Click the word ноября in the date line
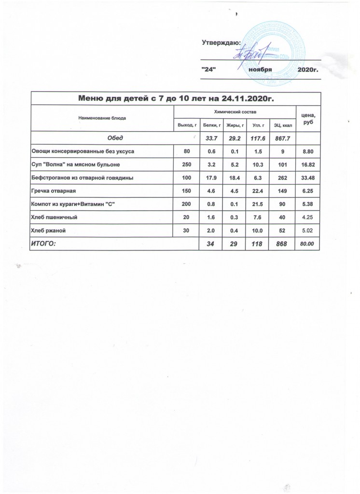pyautogui.click(x=261, y=70)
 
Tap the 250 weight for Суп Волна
pyautogui.click(x=186, y=165)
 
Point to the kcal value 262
pyautogui.click(x=281, y=178)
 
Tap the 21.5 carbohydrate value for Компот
pyautogui.click(x=257, y=205)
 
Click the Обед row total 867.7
pyautogui.click(x=280, y=138)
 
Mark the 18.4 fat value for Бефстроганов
pyautogui.click(x=234, y=178)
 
